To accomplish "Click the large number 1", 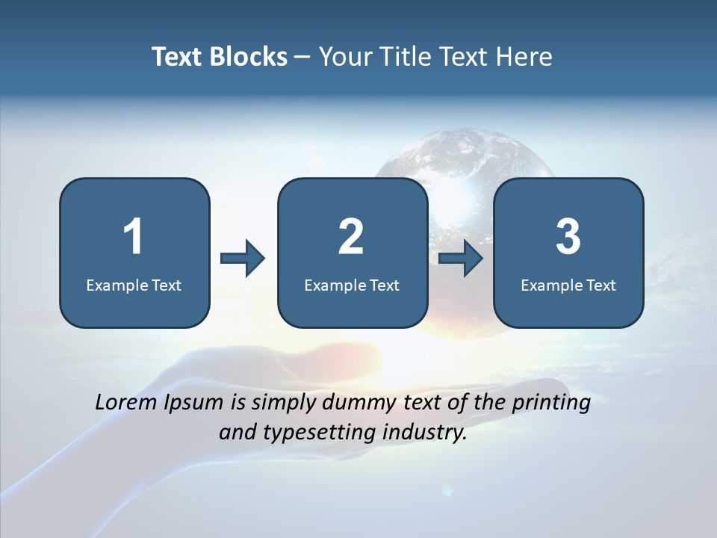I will [x=133, y=237].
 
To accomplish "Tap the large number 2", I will [x=351, y=237].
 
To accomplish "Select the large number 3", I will [x=568, y=237].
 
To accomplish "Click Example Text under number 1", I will [x=134, y=285].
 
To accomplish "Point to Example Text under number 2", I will [x=352, y=285].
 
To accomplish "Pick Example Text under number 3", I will [x=568, y=285].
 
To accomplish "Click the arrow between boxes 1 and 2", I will [x=243, y=259].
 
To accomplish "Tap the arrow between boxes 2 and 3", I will [x=461, y=259].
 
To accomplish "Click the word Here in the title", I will [x=523, y=57].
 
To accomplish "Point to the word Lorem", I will [x=125, y=403].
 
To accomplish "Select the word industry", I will [x=422, y=433].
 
